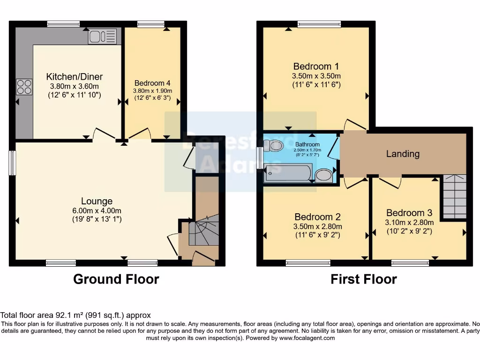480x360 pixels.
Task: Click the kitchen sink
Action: tap(102, 37)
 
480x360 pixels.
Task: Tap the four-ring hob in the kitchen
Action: tap(24, 87)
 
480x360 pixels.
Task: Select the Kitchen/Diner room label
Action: tap(75, 77)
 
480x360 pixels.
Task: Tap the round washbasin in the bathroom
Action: tap(323, 175)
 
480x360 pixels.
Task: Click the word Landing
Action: tap(403, 154)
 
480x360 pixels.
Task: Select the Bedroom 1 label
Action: tap(316, 66)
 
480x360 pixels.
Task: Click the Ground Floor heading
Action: tap(116, 279)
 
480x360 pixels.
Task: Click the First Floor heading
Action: tap(363, 279)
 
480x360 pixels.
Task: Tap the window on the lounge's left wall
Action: tap(13, 164)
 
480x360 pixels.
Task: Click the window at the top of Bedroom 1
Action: tap(319, 24)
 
